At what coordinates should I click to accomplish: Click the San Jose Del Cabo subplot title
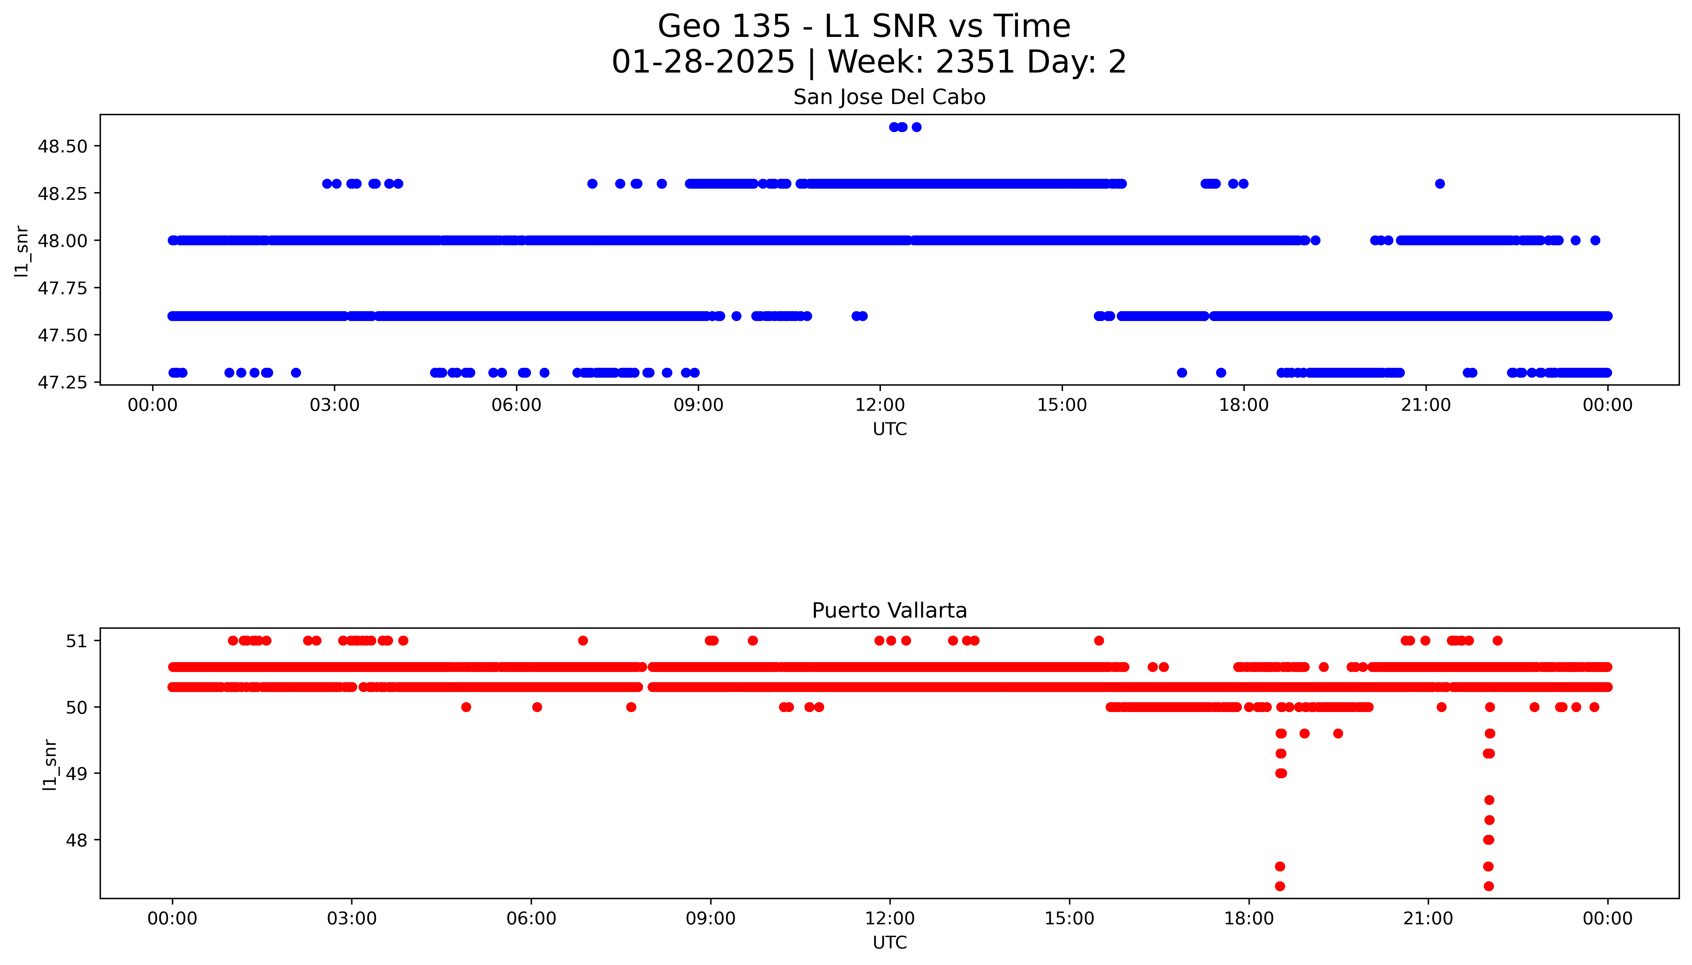889,97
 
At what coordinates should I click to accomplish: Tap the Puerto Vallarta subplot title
889,611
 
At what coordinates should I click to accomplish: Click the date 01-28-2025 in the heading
703,62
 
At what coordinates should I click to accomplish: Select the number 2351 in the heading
975,62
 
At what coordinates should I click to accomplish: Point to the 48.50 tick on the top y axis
63,146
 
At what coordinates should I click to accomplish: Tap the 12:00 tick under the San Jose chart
880,404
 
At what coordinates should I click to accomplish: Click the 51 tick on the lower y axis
77,641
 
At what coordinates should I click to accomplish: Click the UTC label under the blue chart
889,429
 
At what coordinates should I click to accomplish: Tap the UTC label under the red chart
889,942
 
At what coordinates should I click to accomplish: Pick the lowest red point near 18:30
1280,886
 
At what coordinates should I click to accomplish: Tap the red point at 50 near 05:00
466,707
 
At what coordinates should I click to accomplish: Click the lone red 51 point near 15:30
1099,640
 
